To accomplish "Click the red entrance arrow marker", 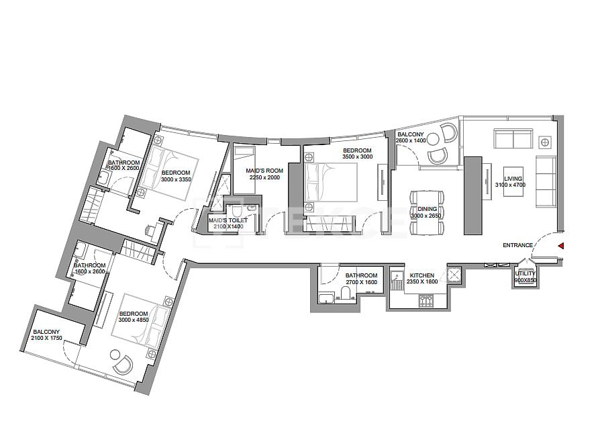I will [x=561, y=246].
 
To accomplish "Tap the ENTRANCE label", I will [x=517, y=246].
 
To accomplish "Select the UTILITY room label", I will [x=525, y=273].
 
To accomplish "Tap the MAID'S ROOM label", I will [x=265, y=171].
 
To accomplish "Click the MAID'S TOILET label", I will [x=228, y=220].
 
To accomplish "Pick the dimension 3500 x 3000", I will [x=357, y=157].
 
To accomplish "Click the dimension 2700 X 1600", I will [x=362, y=283].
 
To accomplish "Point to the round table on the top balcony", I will [x=434, y=139].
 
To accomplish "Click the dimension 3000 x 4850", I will [x=134, y=320].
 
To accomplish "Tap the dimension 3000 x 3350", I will [x=177, y=179].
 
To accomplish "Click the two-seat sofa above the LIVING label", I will [x=513, y=139].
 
